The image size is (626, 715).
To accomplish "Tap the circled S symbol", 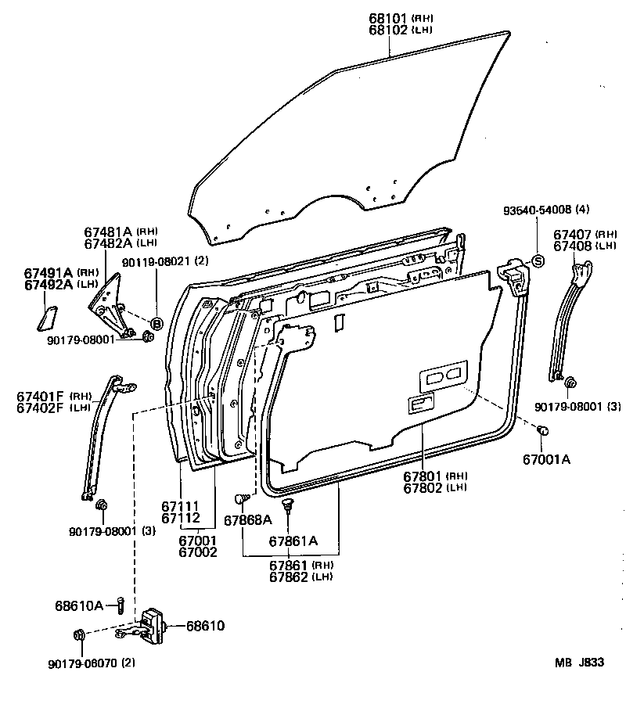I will [x=538, y=260].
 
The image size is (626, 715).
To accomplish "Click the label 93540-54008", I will [x=538, y=210].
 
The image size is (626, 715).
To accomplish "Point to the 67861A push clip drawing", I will [x=288, y=505].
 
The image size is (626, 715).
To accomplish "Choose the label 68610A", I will [x=79, y=605].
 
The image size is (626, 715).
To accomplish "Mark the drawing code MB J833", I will [x=580, y=663].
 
